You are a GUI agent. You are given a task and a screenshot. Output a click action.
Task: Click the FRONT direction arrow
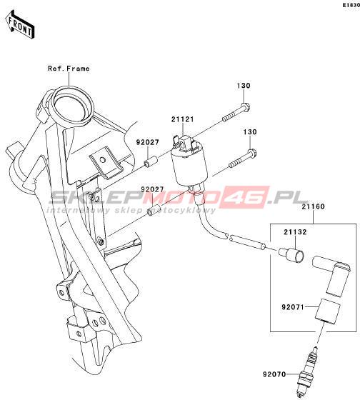20,24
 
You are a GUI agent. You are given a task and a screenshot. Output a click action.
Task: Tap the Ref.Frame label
69,69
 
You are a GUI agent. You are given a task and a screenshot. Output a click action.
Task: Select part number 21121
183,119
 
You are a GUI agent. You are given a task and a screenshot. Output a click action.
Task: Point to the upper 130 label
244,86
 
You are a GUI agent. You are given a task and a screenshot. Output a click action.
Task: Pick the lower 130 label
250,132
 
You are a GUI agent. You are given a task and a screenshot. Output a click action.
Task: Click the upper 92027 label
147,142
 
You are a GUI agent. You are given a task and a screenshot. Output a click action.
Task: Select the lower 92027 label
152,189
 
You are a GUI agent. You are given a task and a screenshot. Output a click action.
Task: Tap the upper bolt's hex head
246,107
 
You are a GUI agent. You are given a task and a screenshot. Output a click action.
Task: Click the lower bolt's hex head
252,154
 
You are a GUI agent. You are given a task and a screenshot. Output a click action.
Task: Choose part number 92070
274,375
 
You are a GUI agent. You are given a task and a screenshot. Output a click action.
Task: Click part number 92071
293,307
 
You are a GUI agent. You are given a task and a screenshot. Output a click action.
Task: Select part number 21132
295,232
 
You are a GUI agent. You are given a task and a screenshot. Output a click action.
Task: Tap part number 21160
314,206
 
